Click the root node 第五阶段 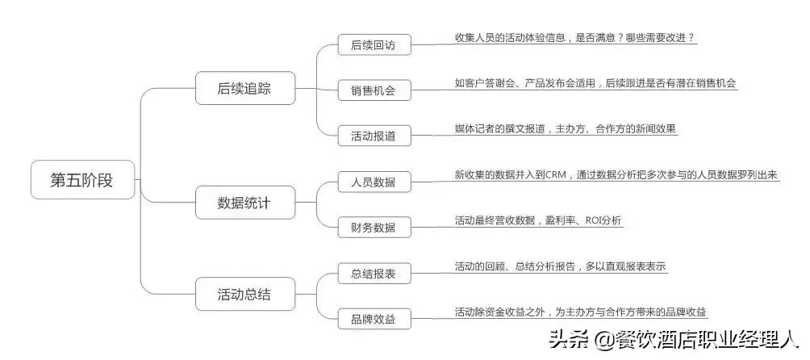click(x=81, y=180)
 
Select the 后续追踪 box click(x=244, y=89)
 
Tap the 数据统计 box click(x=244, y=203)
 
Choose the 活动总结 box click(x=244, y=295)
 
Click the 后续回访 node click(x=374, y=44)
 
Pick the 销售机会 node click(x=374, y=90)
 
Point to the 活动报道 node click(x=374, y=136)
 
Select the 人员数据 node click(x=374, y=182)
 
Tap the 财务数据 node click(x=374, y=227)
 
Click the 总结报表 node click(x=374, y=274)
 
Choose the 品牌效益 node click(x=374, y=319)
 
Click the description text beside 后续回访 click(x=574, y=38)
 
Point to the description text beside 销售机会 click(x=595, y=83)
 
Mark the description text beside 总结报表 click(x=560, y=266)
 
